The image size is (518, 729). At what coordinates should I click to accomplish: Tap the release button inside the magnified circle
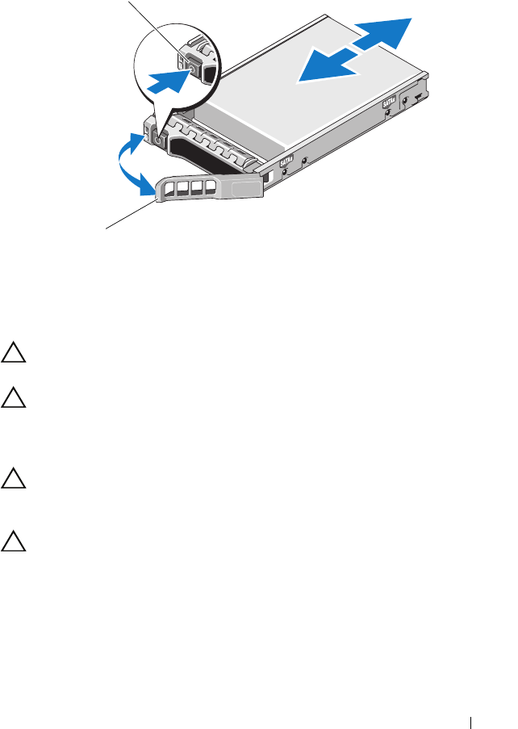click(x=192, y=69)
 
